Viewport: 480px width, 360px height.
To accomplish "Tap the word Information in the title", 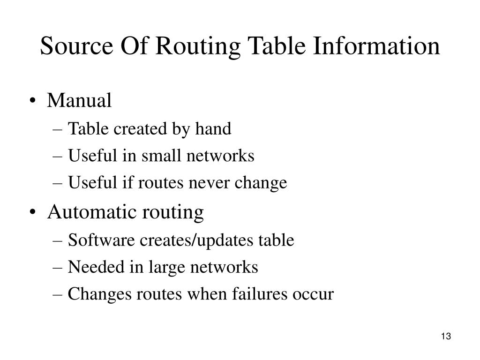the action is point(376,47).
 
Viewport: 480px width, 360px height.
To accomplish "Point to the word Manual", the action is point(79,100).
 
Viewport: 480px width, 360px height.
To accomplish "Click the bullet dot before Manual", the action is point(37,101).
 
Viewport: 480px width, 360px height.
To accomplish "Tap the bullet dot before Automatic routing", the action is point(37,212).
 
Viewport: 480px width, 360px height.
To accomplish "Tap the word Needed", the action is point(91,267).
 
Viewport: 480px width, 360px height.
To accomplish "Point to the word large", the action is point(163,267).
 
